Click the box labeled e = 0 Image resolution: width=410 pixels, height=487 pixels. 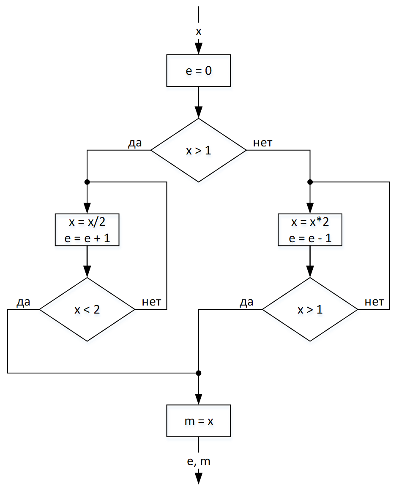click(x=198, y=70)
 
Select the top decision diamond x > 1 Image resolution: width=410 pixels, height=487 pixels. click(x=198, y=150)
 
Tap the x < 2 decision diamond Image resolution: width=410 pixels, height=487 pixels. click(x=87, y=309)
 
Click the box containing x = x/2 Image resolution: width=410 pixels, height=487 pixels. click(x=87, y=230)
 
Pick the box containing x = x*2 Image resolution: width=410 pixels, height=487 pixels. click(x=310, y=230)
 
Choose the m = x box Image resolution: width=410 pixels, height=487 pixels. click(x=198, y=421)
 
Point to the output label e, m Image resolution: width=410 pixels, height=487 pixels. click(x=198, y=461)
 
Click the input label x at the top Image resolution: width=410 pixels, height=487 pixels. click(x=198, y=31)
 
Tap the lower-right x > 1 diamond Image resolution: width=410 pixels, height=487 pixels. click(x=310, y=309)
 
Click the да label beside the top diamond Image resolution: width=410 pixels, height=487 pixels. click(x=135, y=143)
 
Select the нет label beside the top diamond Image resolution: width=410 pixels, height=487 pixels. click(x=262, y=143)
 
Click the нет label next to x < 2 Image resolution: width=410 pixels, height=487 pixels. click(x=151, y=302)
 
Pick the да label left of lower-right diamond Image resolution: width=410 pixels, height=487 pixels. click(x=246, y=302)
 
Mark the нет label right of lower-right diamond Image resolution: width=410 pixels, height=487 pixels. click(x=374, y=302)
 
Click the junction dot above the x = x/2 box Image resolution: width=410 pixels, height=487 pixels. click(x=87, y=182)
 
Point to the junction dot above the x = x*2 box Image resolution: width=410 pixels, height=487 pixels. click(x=310, y=182)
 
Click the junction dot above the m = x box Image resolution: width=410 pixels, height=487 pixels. click(x=198, y=373)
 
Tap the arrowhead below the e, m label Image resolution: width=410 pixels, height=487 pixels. click(x=198, y=478)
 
